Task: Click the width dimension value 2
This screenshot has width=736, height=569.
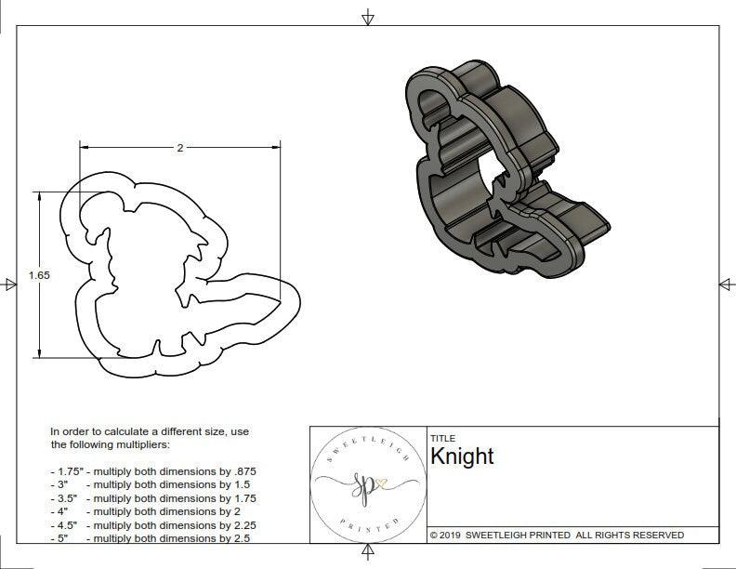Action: point(179,148)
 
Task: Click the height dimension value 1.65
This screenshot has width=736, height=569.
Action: point(39,275)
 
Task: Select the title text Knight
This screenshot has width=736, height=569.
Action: point(462,456)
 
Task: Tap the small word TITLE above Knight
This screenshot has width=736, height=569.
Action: point(442,438)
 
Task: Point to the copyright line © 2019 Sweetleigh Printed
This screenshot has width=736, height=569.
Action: point(557,535)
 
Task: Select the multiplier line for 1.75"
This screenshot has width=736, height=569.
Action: point(152,471)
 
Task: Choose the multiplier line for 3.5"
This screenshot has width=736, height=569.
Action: point(152,498)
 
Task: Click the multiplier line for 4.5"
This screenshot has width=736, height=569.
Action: point(152,524)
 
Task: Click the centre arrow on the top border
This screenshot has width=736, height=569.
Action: point(368,17)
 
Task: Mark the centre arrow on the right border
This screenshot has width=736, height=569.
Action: point(727,284)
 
